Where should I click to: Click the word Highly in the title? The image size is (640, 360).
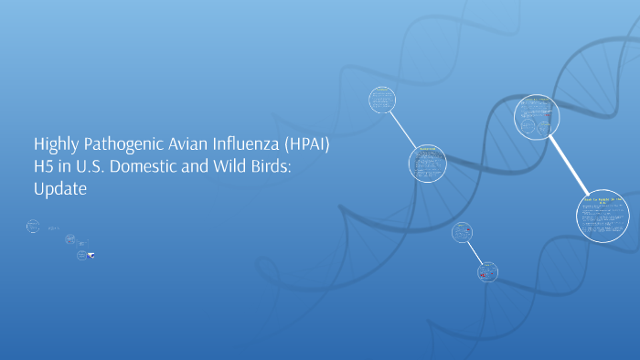[55, 145]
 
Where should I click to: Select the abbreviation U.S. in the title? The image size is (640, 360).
[94, 167]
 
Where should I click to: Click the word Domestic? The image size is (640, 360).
[154, 167]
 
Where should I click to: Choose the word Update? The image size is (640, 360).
[60, 190]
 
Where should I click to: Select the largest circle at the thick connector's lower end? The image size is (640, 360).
[603, 217]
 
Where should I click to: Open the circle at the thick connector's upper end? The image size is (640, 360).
[535, 117]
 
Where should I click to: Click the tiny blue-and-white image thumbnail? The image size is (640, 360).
[91, 256]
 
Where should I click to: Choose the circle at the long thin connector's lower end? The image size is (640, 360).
[426, 163]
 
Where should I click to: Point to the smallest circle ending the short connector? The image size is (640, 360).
[488, 270]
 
